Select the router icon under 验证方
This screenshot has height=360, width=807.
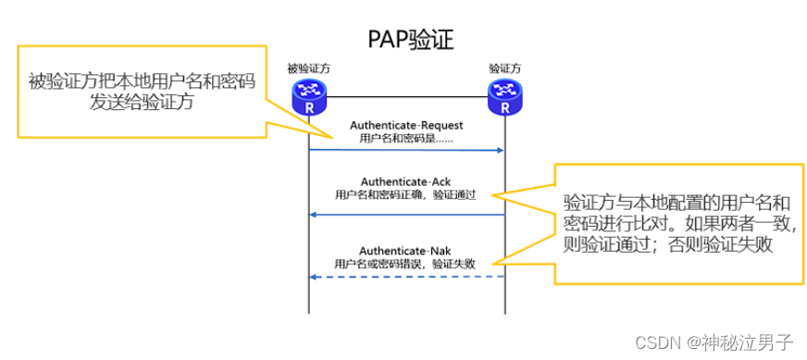coord(505,95)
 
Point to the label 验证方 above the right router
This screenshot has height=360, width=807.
coord(505,68)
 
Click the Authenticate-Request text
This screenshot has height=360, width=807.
coord(405,125)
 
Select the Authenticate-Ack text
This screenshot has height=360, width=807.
coord(405,181)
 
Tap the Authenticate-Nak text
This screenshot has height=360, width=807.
coord(405,250)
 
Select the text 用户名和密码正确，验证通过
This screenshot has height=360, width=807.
coord(405,195)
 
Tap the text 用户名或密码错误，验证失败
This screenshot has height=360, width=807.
coord(405,263)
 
